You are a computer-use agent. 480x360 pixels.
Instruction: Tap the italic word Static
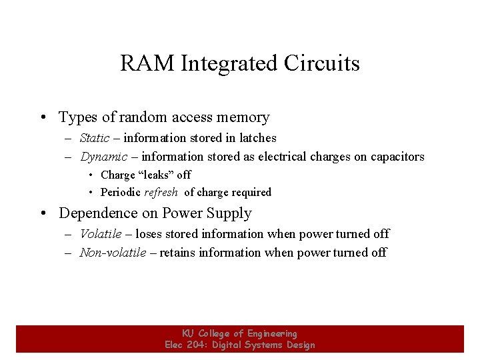click(95, 138)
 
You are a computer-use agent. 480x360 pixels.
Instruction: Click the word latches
click(258, 138)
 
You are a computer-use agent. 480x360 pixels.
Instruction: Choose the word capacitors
click(395, 157)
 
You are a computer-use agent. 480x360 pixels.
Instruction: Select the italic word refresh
click(161, 192)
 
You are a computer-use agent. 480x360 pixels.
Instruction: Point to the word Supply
click(229, 213)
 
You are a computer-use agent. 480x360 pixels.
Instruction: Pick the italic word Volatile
click(101, 234)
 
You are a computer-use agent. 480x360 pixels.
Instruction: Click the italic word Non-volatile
click(113, 253)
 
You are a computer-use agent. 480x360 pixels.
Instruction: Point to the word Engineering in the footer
click(272, 333)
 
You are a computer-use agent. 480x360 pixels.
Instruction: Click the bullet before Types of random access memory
click(42, 118)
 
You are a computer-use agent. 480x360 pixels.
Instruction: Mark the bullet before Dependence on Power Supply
click(42, 214)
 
